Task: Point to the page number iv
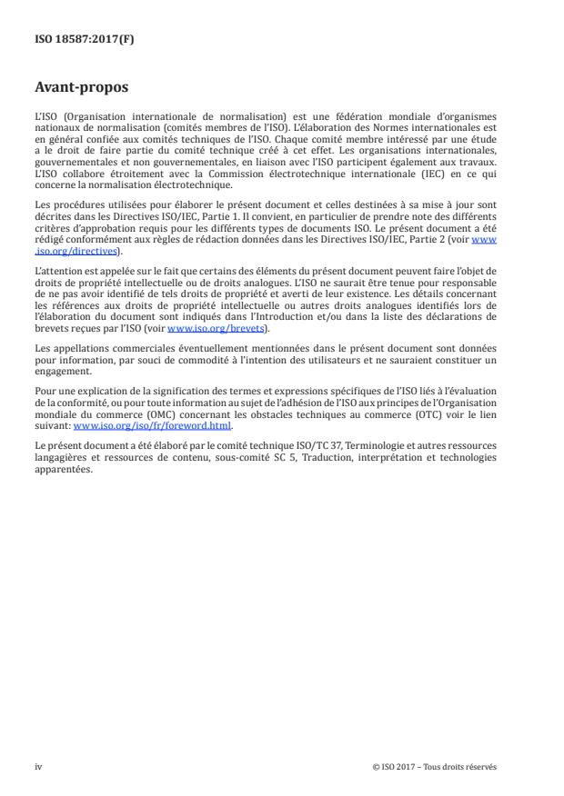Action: coord(39,766)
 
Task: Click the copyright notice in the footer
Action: coord(435,766)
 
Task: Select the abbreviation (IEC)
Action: coord(444,172)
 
